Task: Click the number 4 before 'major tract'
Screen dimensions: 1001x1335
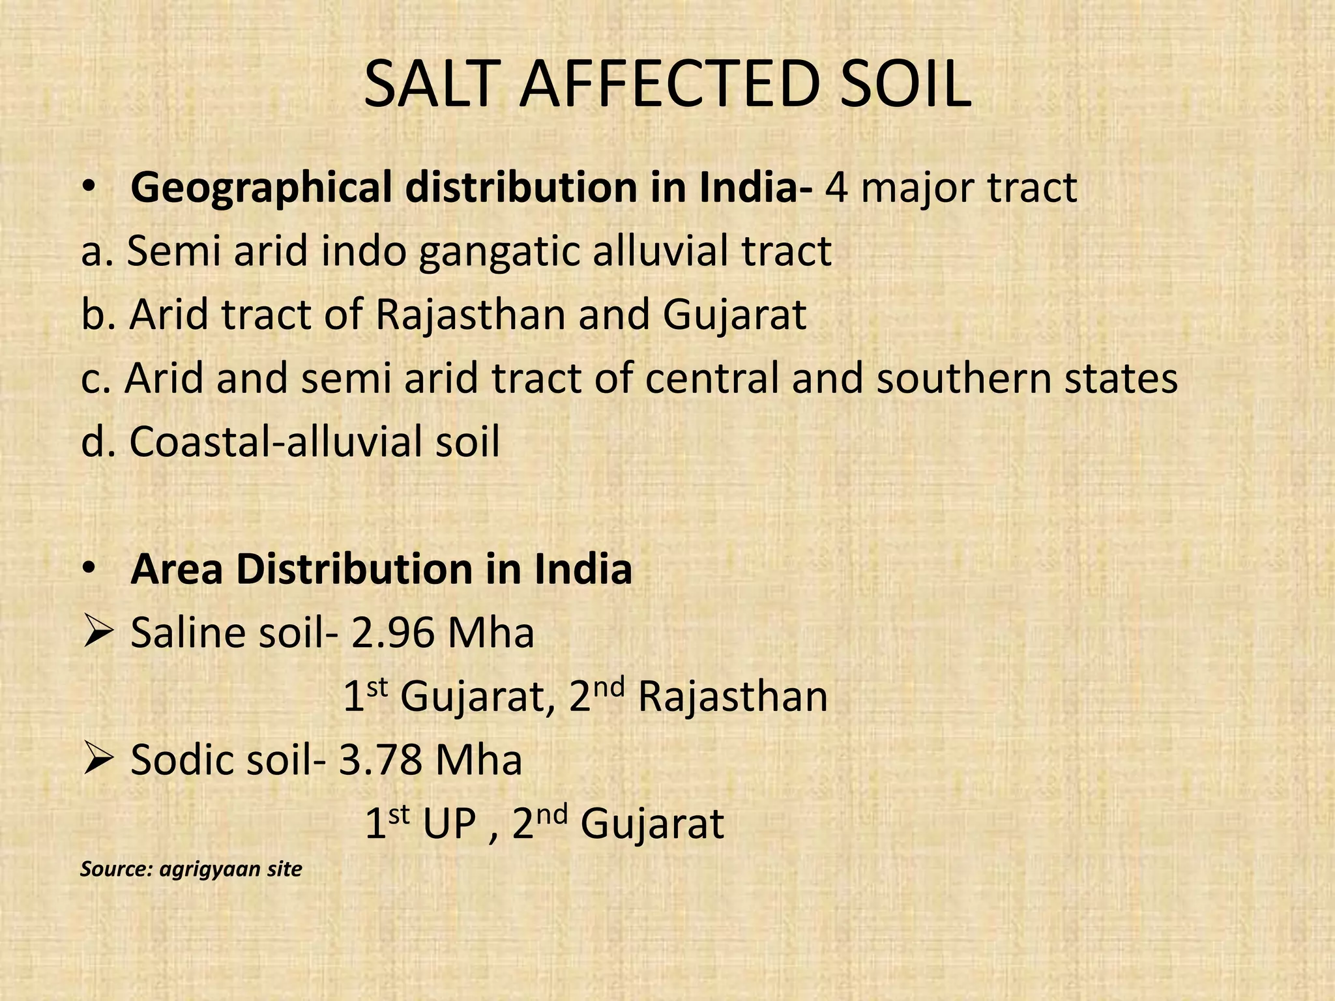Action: (x=836, y=188)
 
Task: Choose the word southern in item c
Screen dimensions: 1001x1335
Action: (x=962, y=378)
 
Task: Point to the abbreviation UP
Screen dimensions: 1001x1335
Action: (x=449, y=824)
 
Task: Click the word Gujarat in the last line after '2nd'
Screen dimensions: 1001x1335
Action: (x=652, y=824)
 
